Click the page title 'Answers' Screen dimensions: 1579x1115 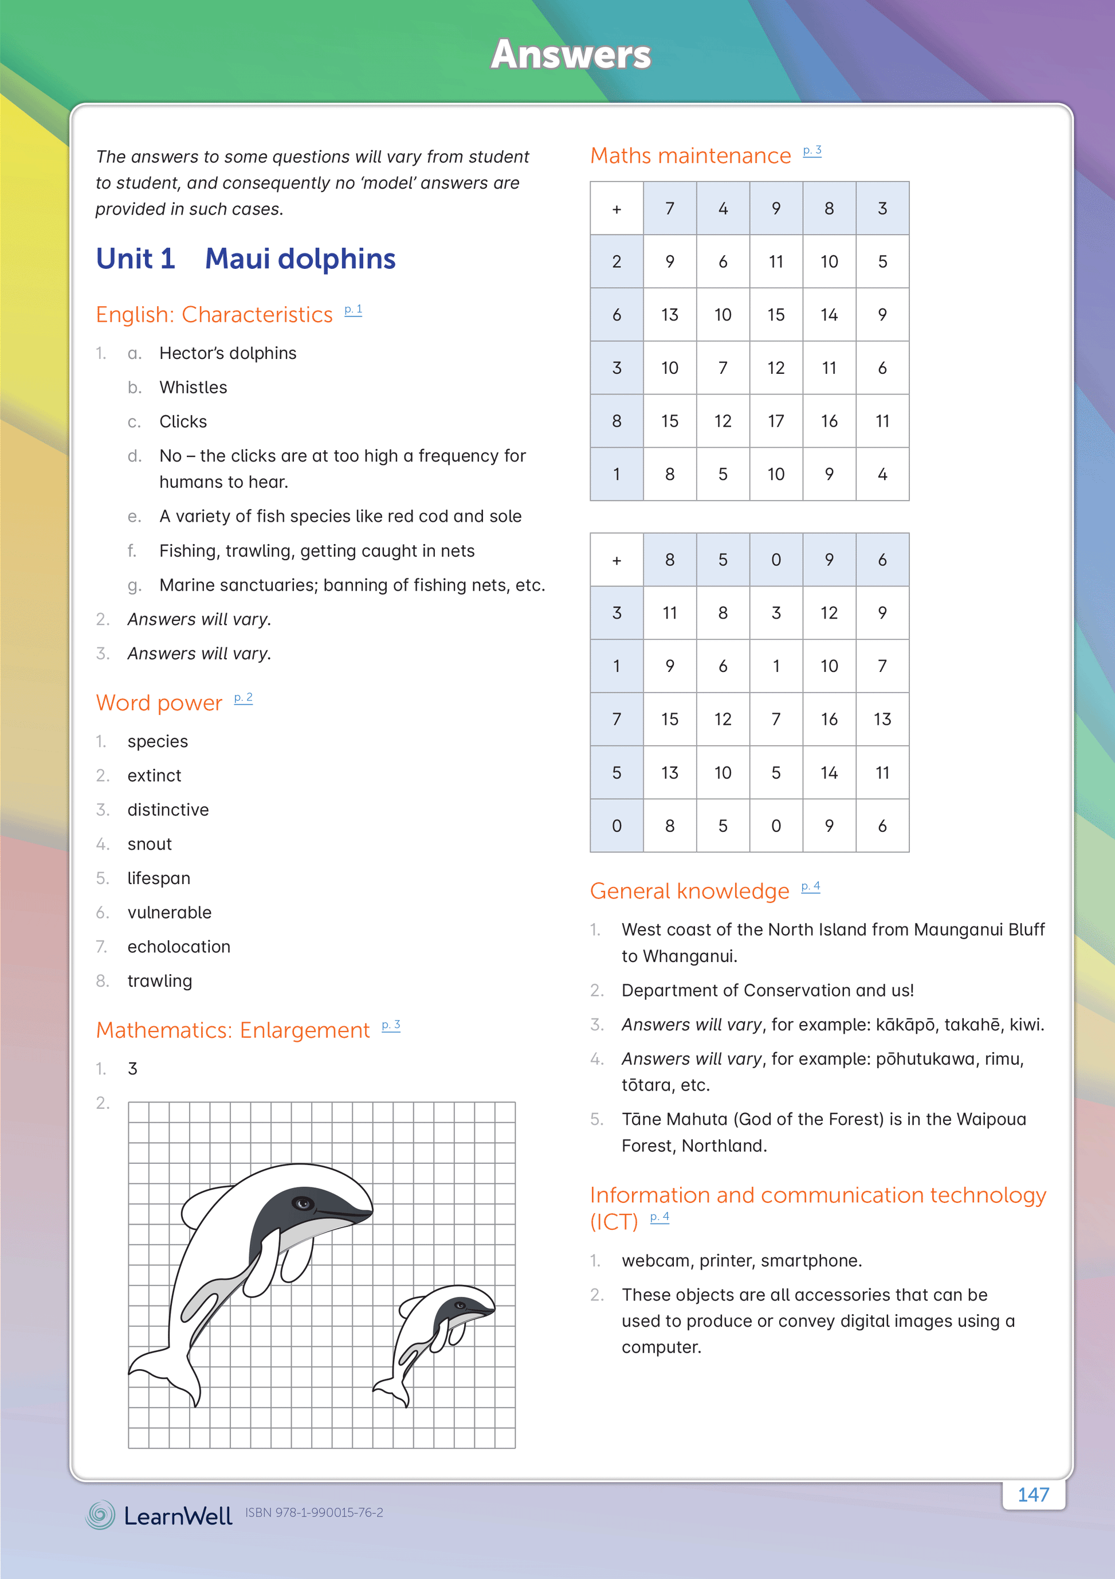tap(571, 54)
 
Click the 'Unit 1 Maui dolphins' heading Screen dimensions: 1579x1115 tap(245, 259)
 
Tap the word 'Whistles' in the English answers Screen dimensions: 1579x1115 tap(193, 388)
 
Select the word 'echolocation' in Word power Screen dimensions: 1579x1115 tap(179, 947)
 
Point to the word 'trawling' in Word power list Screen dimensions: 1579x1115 tap(159, 982)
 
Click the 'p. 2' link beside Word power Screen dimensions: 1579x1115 tap(244, 698)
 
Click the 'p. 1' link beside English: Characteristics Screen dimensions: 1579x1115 tap(354, 310)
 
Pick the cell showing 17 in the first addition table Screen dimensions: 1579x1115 tap(776, 421)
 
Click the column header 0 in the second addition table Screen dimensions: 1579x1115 tap(776, 560)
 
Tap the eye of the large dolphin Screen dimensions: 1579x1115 tap(303, 1203)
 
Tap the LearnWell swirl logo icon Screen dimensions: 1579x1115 tap(100, 1514)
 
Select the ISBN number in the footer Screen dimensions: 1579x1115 tap(314, 1513)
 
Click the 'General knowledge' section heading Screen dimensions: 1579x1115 tap(689, 892)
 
